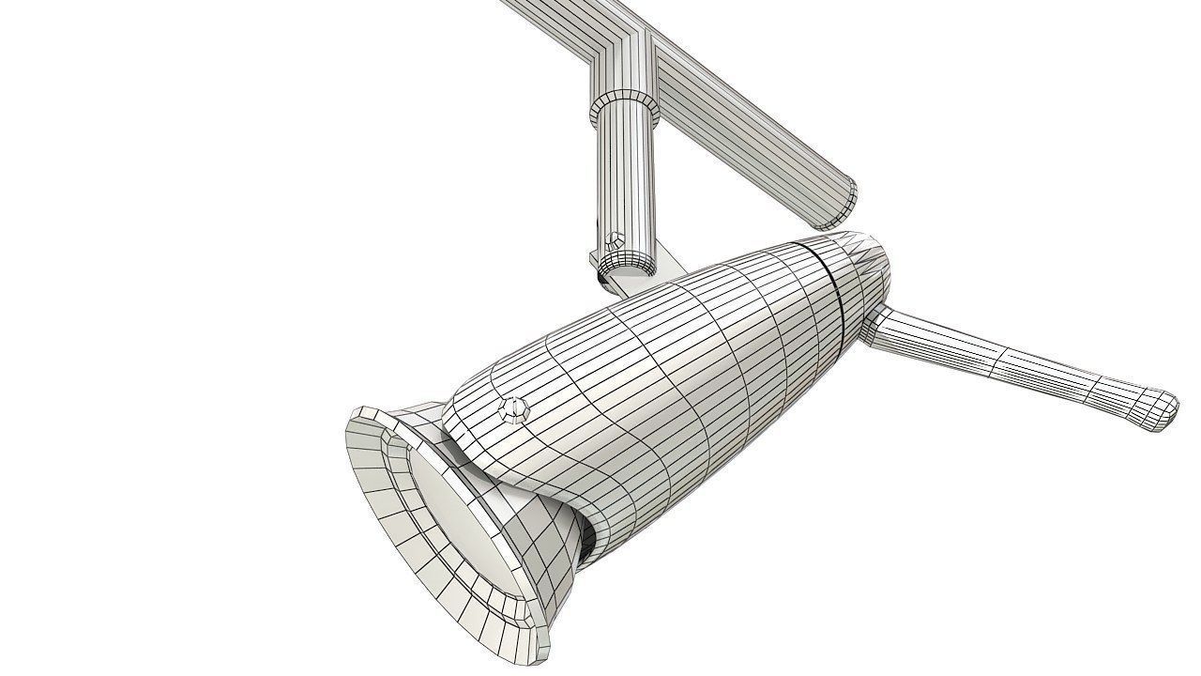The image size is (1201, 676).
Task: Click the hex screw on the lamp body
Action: coord(513,409)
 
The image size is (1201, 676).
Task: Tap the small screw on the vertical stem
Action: coord(613,238)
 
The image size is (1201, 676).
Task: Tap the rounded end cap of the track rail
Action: coord(838,205)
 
